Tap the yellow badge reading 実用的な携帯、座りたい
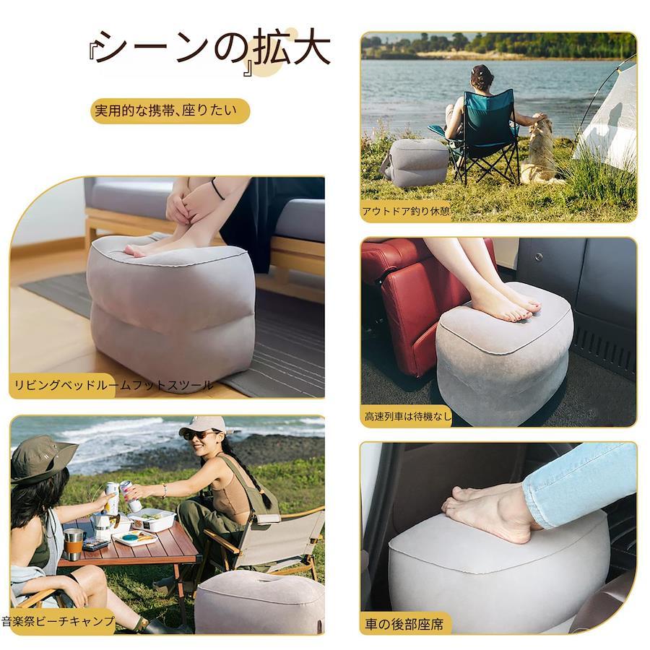[x=170, y=110]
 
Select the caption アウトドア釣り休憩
[x=406, y=212]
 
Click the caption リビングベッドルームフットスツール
[x=113, y=385]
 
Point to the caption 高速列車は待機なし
[x=408, y=416]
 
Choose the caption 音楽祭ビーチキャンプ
[x=58, y=621]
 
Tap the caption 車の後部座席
[x=404, y=624]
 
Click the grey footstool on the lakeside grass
[x=416, y=162]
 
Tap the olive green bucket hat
[x=41, y=458]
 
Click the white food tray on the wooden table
[x=152, y=519]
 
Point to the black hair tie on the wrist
[x=217, y=189]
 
